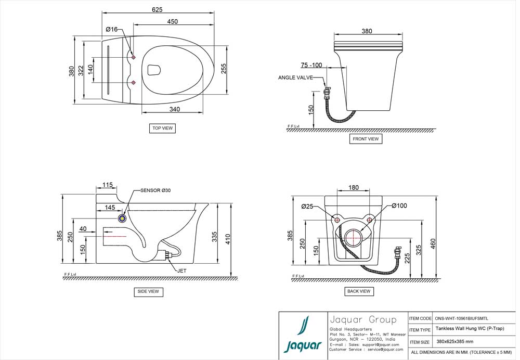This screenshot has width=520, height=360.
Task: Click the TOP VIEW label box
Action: coord(161,128)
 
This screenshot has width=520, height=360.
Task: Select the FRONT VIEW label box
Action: coord(366,139)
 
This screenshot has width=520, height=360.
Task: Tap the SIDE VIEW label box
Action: coord(148,292)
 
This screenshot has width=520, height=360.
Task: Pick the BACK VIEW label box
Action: coord(359,291)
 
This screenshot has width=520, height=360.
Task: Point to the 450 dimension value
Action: coord(173,21)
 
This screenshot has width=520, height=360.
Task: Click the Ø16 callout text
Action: coord(112,29)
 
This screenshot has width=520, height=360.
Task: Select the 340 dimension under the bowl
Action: coord(174,110)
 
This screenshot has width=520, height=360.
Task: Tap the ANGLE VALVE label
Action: coord(295,78)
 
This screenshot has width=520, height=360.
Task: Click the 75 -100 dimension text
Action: coord(311,65)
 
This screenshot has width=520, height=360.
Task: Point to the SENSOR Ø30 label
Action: coord(155,190)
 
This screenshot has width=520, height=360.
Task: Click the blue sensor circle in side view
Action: coord(123,219)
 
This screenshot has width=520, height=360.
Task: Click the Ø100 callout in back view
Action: coord(399,206)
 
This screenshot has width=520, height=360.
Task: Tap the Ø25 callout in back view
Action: coord(307,207)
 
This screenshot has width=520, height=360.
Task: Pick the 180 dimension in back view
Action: coord(354,188)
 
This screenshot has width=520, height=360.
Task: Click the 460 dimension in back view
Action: coord(433,243)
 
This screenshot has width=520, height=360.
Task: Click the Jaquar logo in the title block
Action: coord(302,335)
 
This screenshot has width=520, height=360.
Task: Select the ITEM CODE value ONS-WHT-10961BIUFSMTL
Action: coord(461,318)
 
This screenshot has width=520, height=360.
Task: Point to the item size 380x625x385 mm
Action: coord(454,342)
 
